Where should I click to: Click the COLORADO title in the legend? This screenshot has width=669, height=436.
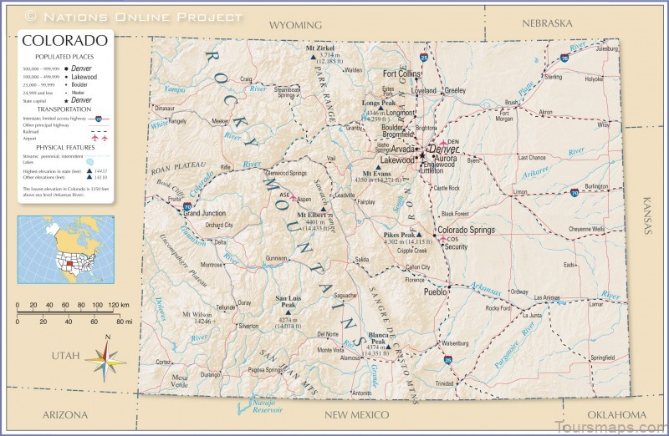(x=64, y=40)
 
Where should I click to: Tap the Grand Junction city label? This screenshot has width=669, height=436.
(x=205, y=214)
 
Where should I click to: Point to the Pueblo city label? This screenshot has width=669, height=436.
(x=436, y=292)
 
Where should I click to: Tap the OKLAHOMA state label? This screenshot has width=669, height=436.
(x=615, y=415)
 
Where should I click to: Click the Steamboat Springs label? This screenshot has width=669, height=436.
(x=288, y=92)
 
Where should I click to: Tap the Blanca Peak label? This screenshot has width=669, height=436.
(x=377, y=338)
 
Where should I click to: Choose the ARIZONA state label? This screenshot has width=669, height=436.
(x=65, y=415)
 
